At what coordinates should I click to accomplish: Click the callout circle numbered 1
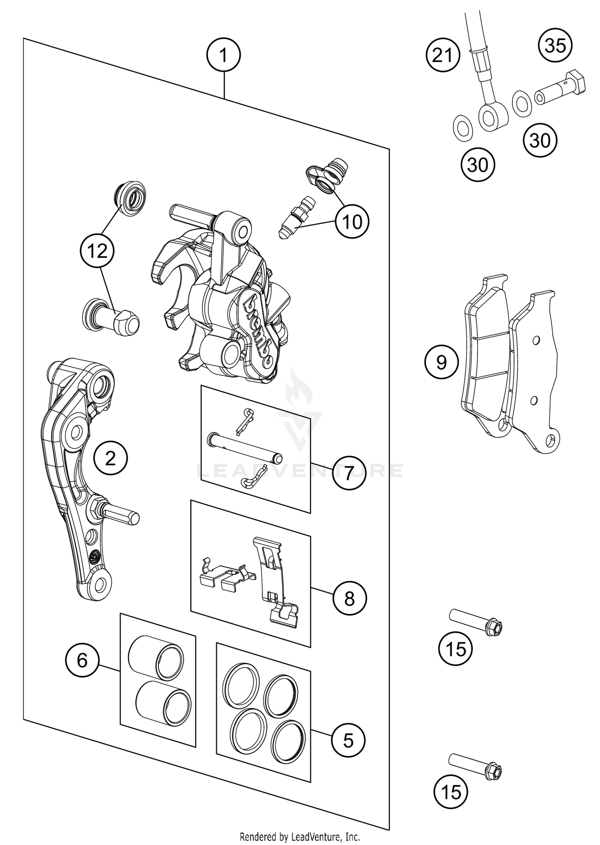pyautogui.click(x=224, y=55)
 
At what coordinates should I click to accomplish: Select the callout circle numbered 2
pyautogui.click(x=111, y=458)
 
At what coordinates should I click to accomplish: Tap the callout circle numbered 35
pyautogui.click(x=555, y=45)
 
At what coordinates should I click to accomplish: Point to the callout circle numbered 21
pyautogui.click(x=442, y=55)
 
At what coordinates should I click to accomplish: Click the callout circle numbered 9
pyautogui.click(x=442, y=362)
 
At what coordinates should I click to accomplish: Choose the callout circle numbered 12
pyautogui.click(x=98, y=251)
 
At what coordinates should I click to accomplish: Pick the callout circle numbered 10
pyautogui.click(x=352, y=221)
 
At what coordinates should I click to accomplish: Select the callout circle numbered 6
pyautogui.click(x=82, y=660)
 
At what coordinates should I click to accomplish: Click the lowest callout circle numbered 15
pyautogui.click(x=450, y=793)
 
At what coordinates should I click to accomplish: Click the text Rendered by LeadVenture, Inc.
pyautogui.click(x=300, y=837)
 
